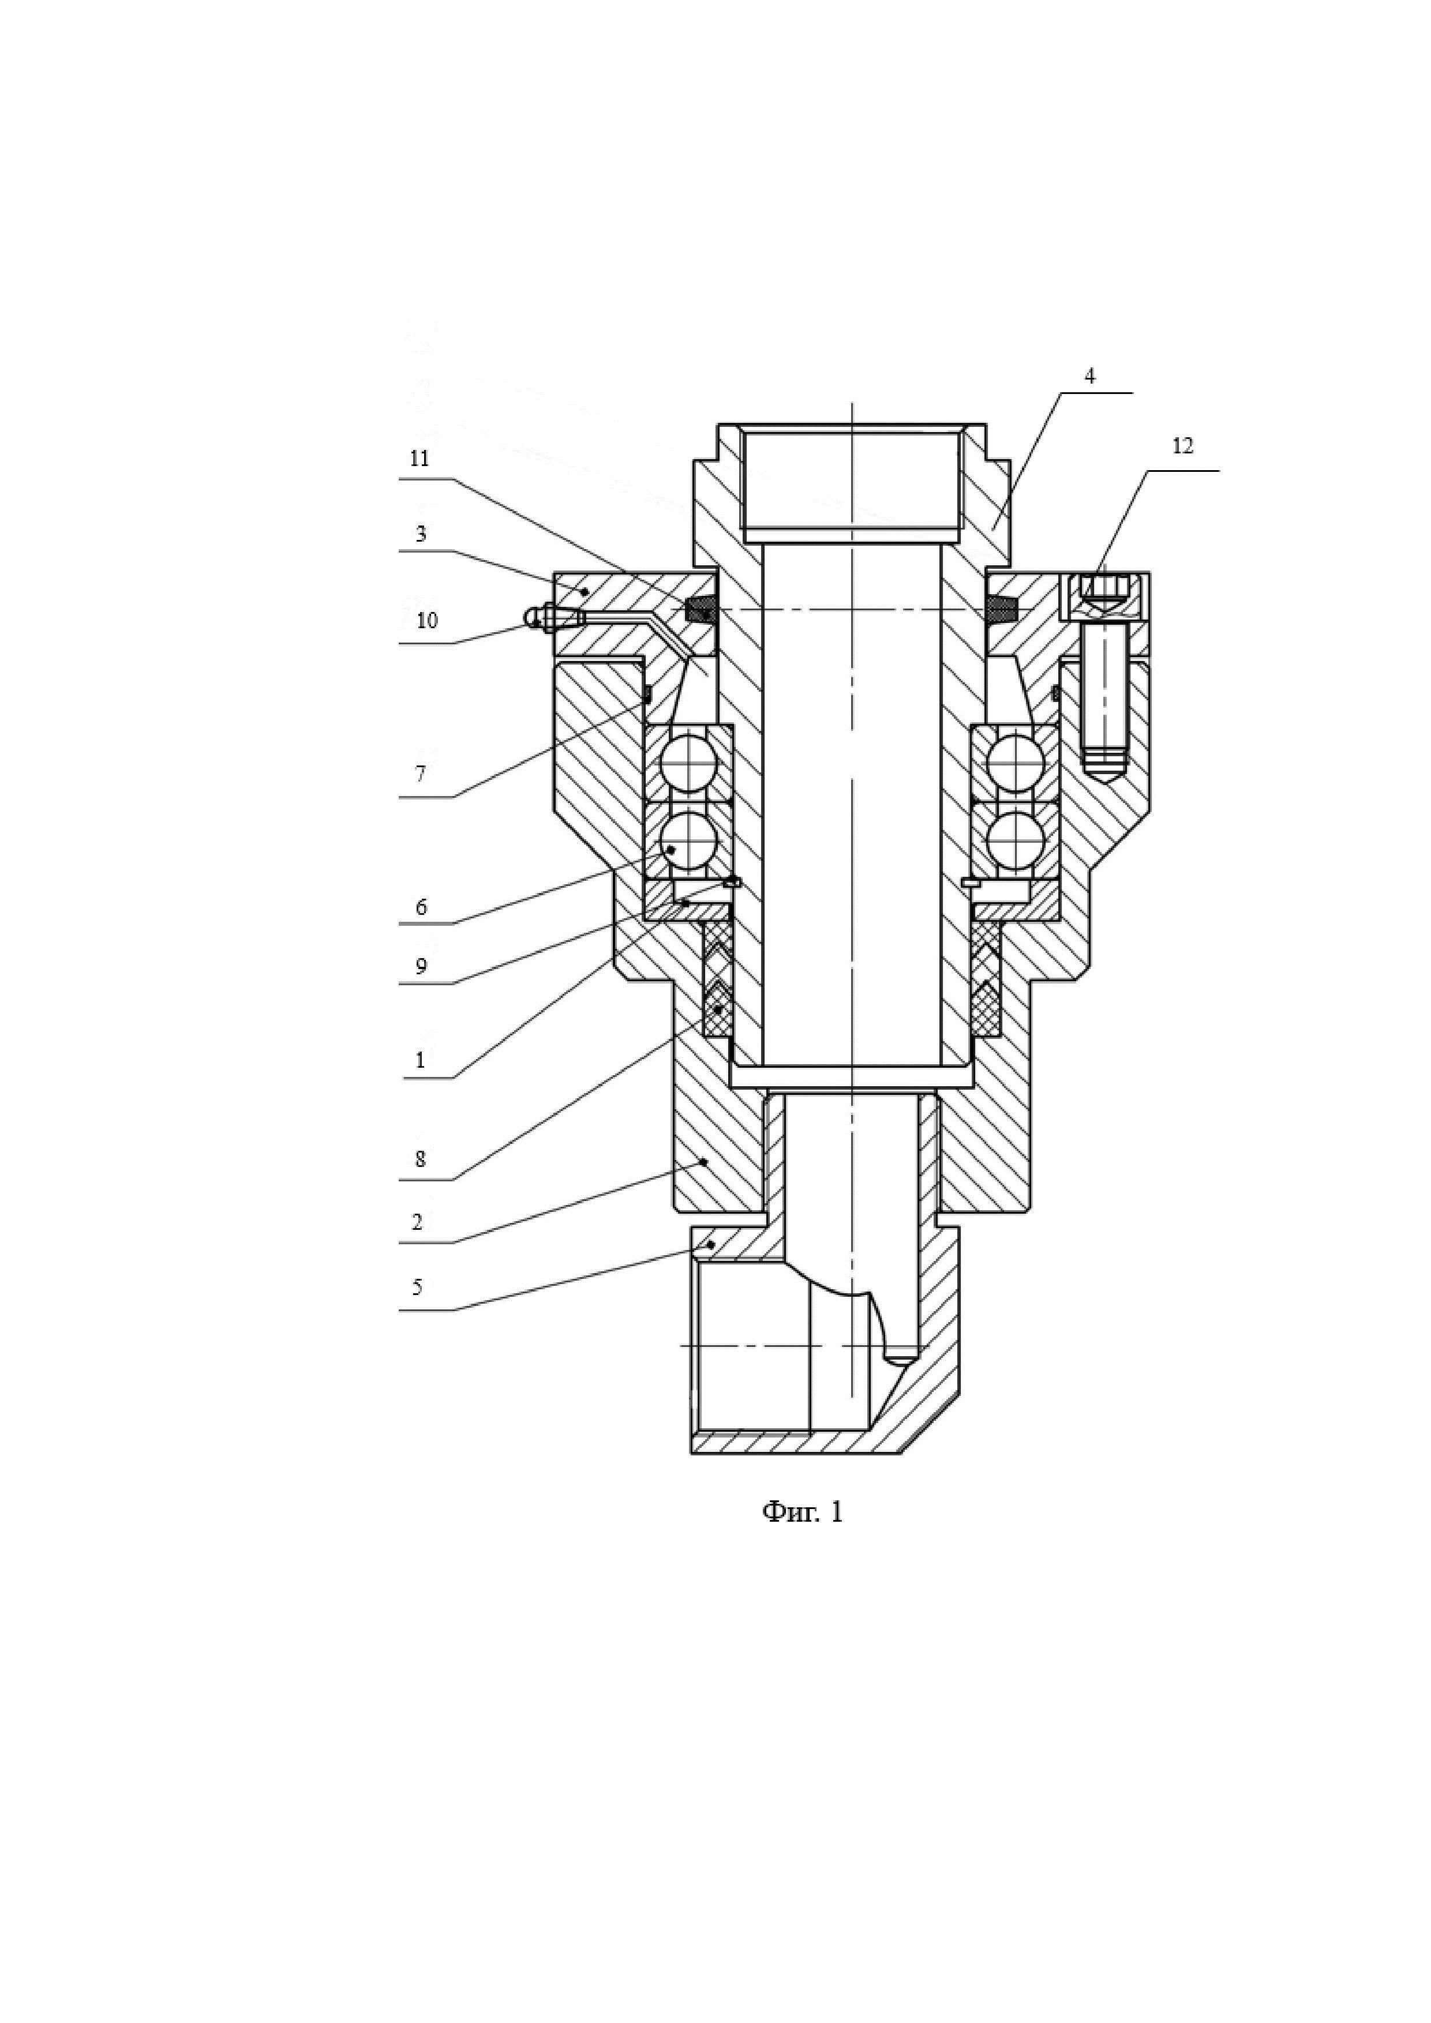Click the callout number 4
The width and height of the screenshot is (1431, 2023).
click(x=1090, y=376)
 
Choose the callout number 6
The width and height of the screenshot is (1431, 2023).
click(x=420, y=907)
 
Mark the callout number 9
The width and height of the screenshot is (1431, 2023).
click(x=420, y=967)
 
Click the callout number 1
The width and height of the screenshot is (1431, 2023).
click(x=420, y=1060)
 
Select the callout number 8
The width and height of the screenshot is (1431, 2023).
click(x=420, y=1159)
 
